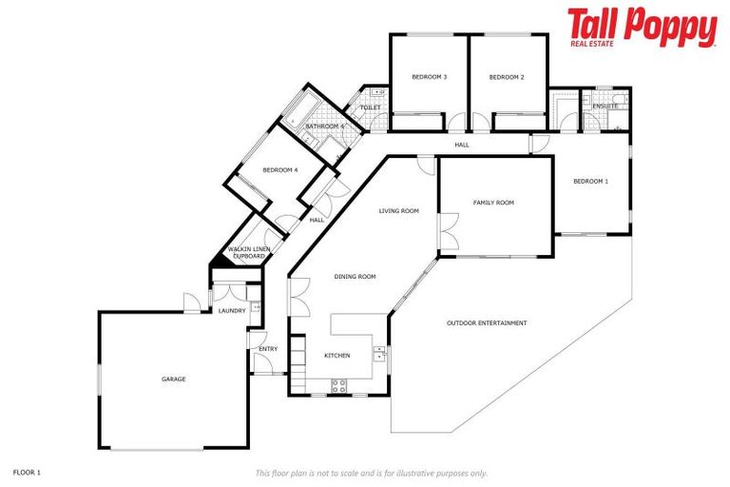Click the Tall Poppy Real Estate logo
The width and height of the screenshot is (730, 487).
click(x=642, y=27)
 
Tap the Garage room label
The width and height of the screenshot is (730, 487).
click(x=173, y=379)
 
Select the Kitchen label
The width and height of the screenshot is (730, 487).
click(x=337, y=355)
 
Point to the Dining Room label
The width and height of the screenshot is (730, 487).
click(x=355, y=277)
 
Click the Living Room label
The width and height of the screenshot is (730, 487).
click(x=398, y=211)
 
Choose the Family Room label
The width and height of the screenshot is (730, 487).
click(x=493, y=203)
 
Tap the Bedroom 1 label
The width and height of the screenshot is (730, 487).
click(x=590, y=181)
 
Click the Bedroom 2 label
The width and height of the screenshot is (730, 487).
click(x=507, y=76)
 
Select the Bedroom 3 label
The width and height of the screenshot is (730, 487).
click(x=430, y=76)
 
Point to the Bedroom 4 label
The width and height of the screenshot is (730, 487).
click(x=280, y=170)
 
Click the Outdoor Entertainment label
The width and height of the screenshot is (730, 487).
click(x=487, y=323)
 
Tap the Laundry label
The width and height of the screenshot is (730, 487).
click(x=232, y=310)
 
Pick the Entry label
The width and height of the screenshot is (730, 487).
click(x=268, y=349)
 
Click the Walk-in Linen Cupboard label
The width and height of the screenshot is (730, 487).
click(x=246, y=253)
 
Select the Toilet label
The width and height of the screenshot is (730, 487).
click(x=370, y=107)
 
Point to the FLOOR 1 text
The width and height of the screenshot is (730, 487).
click(x=27, y=471)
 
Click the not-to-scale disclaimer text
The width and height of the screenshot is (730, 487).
click(x=372, y=472)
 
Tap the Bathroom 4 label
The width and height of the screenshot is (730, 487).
click(x=324, y=127)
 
